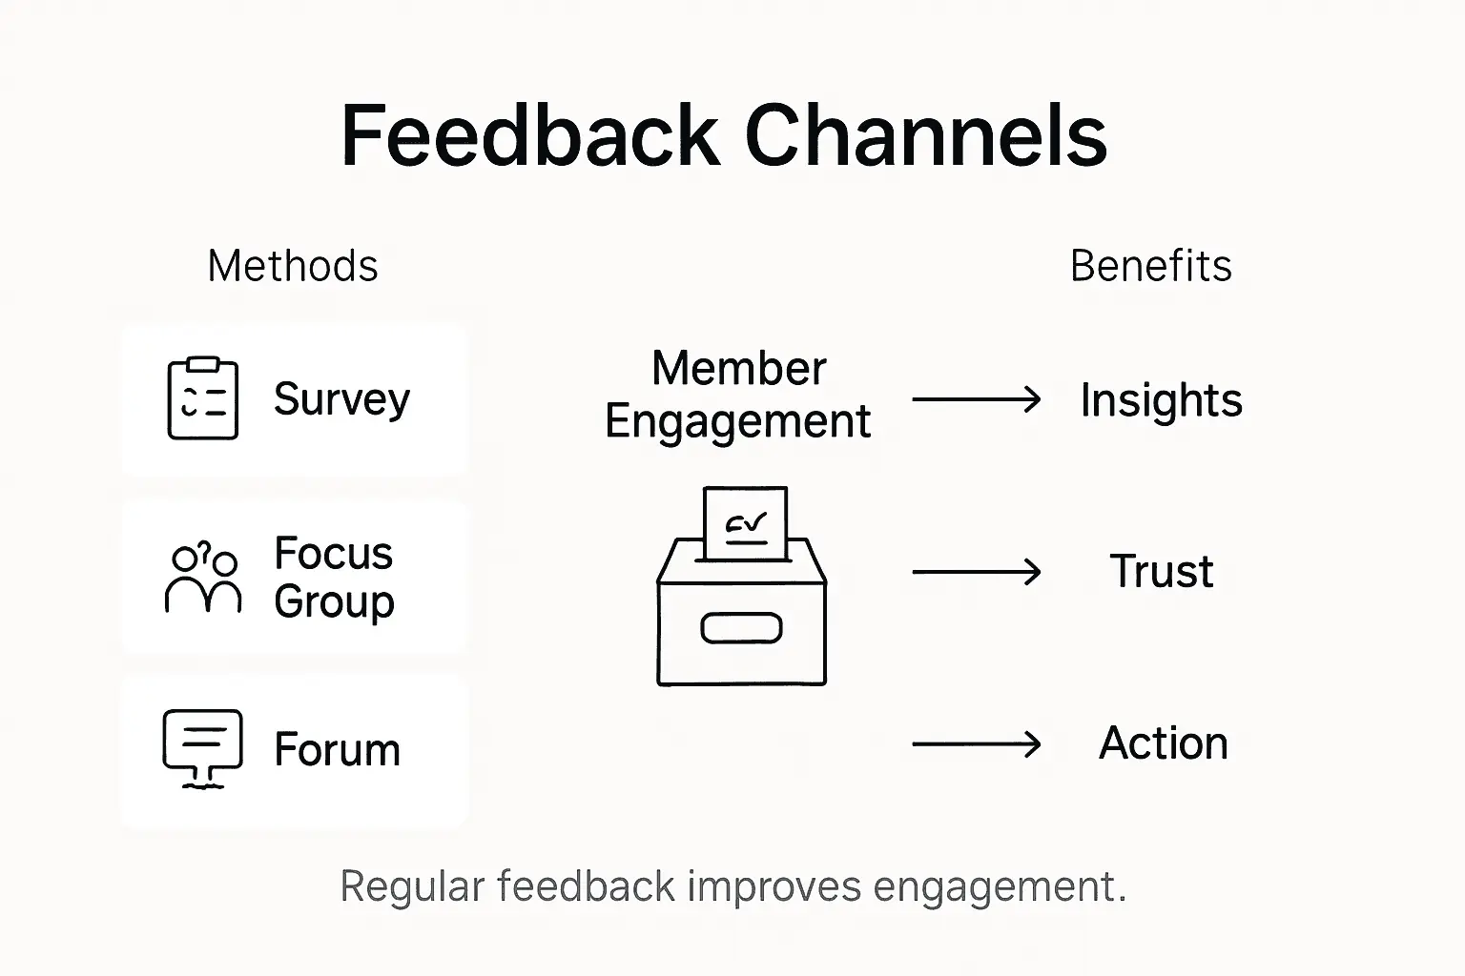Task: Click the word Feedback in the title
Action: [529, 136]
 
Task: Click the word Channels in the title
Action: [924, 136]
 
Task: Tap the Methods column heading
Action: [293, 266]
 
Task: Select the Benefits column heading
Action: [1150, 266]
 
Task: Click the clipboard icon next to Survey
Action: [202, 398]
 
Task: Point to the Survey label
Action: [341, 398]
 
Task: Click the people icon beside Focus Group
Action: [202, 577]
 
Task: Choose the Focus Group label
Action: [334, 578]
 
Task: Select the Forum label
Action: [337, 750]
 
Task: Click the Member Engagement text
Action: [737, 395]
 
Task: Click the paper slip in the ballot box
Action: [745, 523]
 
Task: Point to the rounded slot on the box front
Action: [741, 628]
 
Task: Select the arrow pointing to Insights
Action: [976, 399]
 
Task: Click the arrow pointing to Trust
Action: [976, 572]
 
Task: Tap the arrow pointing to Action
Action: [976, 743]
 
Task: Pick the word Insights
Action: [1161, 400]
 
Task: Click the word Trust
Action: [1161, 572]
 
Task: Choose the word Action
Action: [1163, 743]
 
